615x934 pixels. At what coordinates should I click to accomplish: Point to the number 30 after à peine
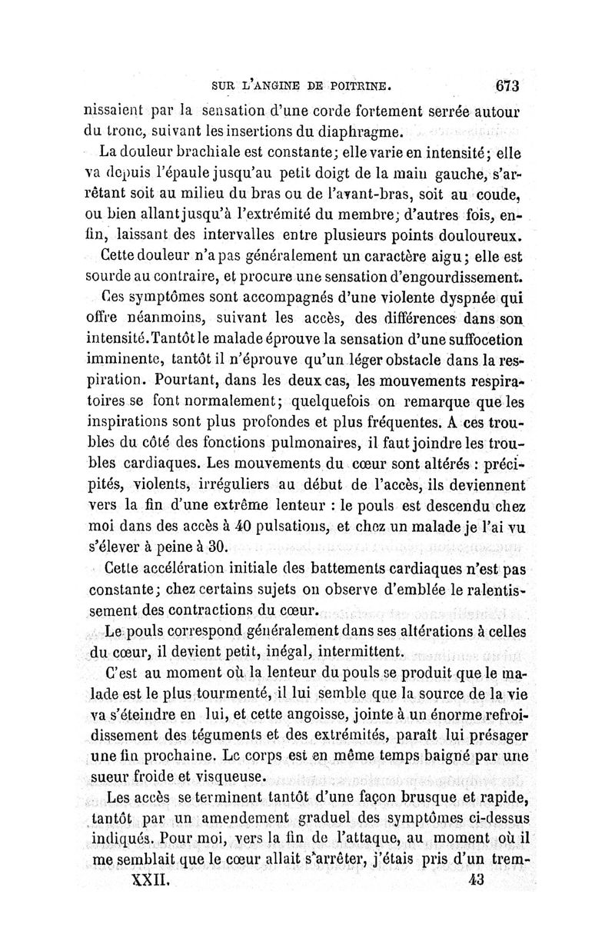(x=217, y=547)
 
